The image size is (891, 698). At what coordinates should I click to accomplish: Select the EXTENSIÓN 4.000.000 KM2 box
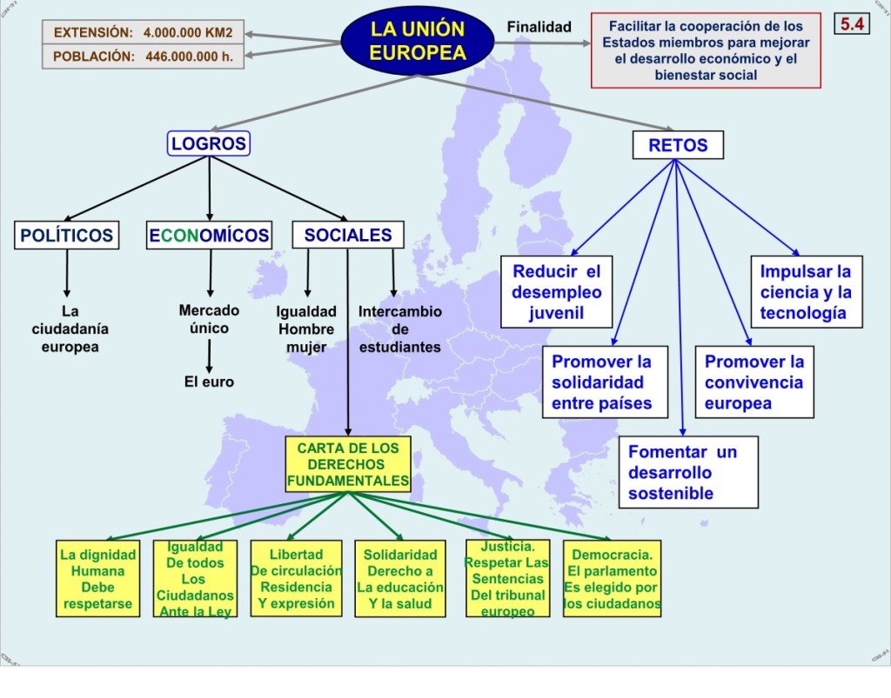[x=142, y=32]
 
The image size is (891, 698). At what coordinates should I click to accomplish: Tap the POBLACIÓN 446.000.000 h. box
[x=142, y=57]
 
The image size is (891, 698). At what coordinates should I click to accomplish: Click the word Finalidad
[x=539, y=27]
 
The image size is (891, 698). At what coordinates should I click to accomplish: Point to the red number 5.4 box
[x=852, y=23]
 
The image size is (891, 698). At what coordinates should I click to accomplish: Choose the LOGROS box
[x=209, y=143]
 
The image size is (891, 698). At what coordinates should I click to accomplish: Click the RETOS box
[x=678, y=145]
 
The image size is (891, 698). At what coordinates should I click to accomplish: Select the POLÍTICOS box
[x=67, y=235]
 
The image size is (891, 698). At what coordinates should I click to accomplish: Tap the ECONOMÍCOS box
[x=209, y=235]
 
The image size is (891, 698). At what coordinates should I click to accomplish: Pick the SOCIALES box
[x=348, y=235]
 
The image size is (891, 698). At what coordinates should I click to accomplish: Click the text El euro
[x=209, y=382]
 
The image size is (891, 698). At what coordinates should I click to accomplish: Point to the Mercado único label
[x=209, y=319]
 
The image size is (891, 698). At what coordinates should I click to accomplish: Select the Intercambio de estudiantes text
[x=400, y=329]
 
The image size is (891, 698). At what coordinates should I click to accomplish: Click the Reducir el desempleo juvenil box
[x=557, y=292]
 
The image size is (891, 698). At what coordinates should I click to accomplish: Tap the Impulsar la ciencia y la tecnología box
[x=806, y=292]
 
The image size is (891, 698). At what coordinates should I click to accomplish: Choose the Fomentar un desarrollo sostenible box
[x=689, y=473]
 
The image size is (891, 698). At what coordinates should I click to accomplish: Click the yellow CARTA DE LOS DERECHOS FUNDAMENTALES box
[x=348, y=463]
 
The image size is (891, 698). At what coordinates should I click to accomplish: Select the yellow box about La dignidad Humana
[x=98, y=578]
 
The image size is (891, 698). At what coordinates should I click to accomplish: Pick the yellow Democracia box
[x=611, y=579]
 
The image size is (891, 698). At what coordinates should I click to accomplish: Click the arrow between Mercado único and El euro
[x=209, y=354]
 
